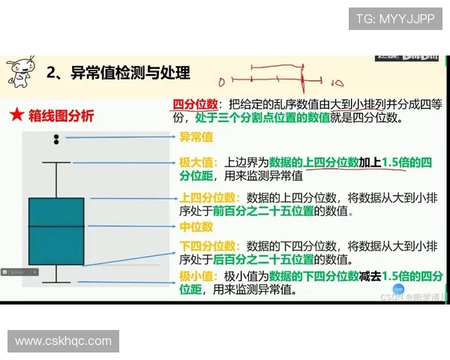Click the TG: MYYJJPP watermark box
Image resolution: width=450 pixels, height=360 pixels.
tap(394, 19)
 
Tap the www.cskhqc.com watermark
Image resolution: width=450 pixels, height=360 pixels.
tap(63, 341)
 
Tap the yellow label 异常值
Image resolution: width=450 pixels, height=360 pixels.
tap(196, 137)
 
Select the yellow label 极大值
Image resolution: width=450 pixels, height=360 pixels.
tap(196, 162)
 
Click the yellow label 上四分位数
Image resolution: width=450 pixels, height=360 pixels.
tap(208, 198)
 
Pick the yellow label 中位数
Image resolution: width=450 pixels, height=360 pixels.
tap(196, 226)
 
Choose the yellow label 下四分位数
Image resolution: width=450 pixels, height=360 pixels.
tap(208, 246)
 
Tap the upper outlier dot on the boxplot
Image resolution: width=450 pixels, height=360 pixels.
tap(56, 136)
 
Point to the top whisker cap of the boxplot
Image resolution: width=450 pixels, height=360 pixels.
tap(56, 162)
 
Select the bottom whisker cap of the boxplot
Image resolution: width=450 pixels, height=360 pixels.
tap(56, 283)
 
